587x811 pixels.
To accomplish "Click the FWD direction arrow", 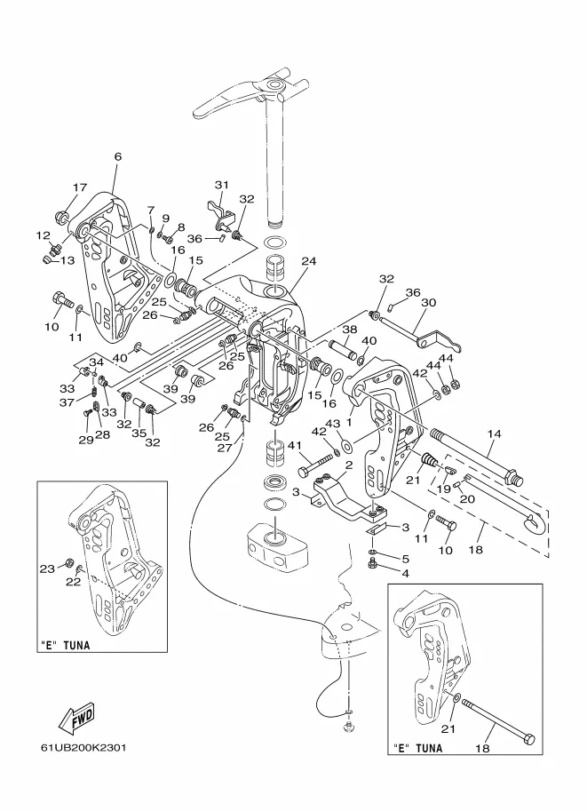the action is coord(76,719).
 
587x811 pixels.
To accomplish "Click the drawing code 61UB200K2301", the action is coord(83,748).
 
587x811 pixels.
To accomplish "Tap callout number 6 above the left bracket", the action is coord(118,156).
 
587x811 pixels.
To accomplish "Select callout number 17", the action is coord(80,187).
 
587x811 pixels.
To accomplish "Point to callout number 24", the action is coord(309,261).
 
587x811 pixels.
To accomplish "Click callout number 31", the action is coord(221,185).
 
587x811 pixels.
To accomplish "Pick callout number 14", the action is coord(494,434).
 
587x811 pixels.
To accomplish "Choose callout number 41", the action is coord(294,445).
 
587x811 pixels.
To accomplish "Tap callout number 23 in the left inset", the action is coord(48,568).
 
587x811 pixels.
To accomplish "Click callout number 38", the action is coord(350,329).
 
